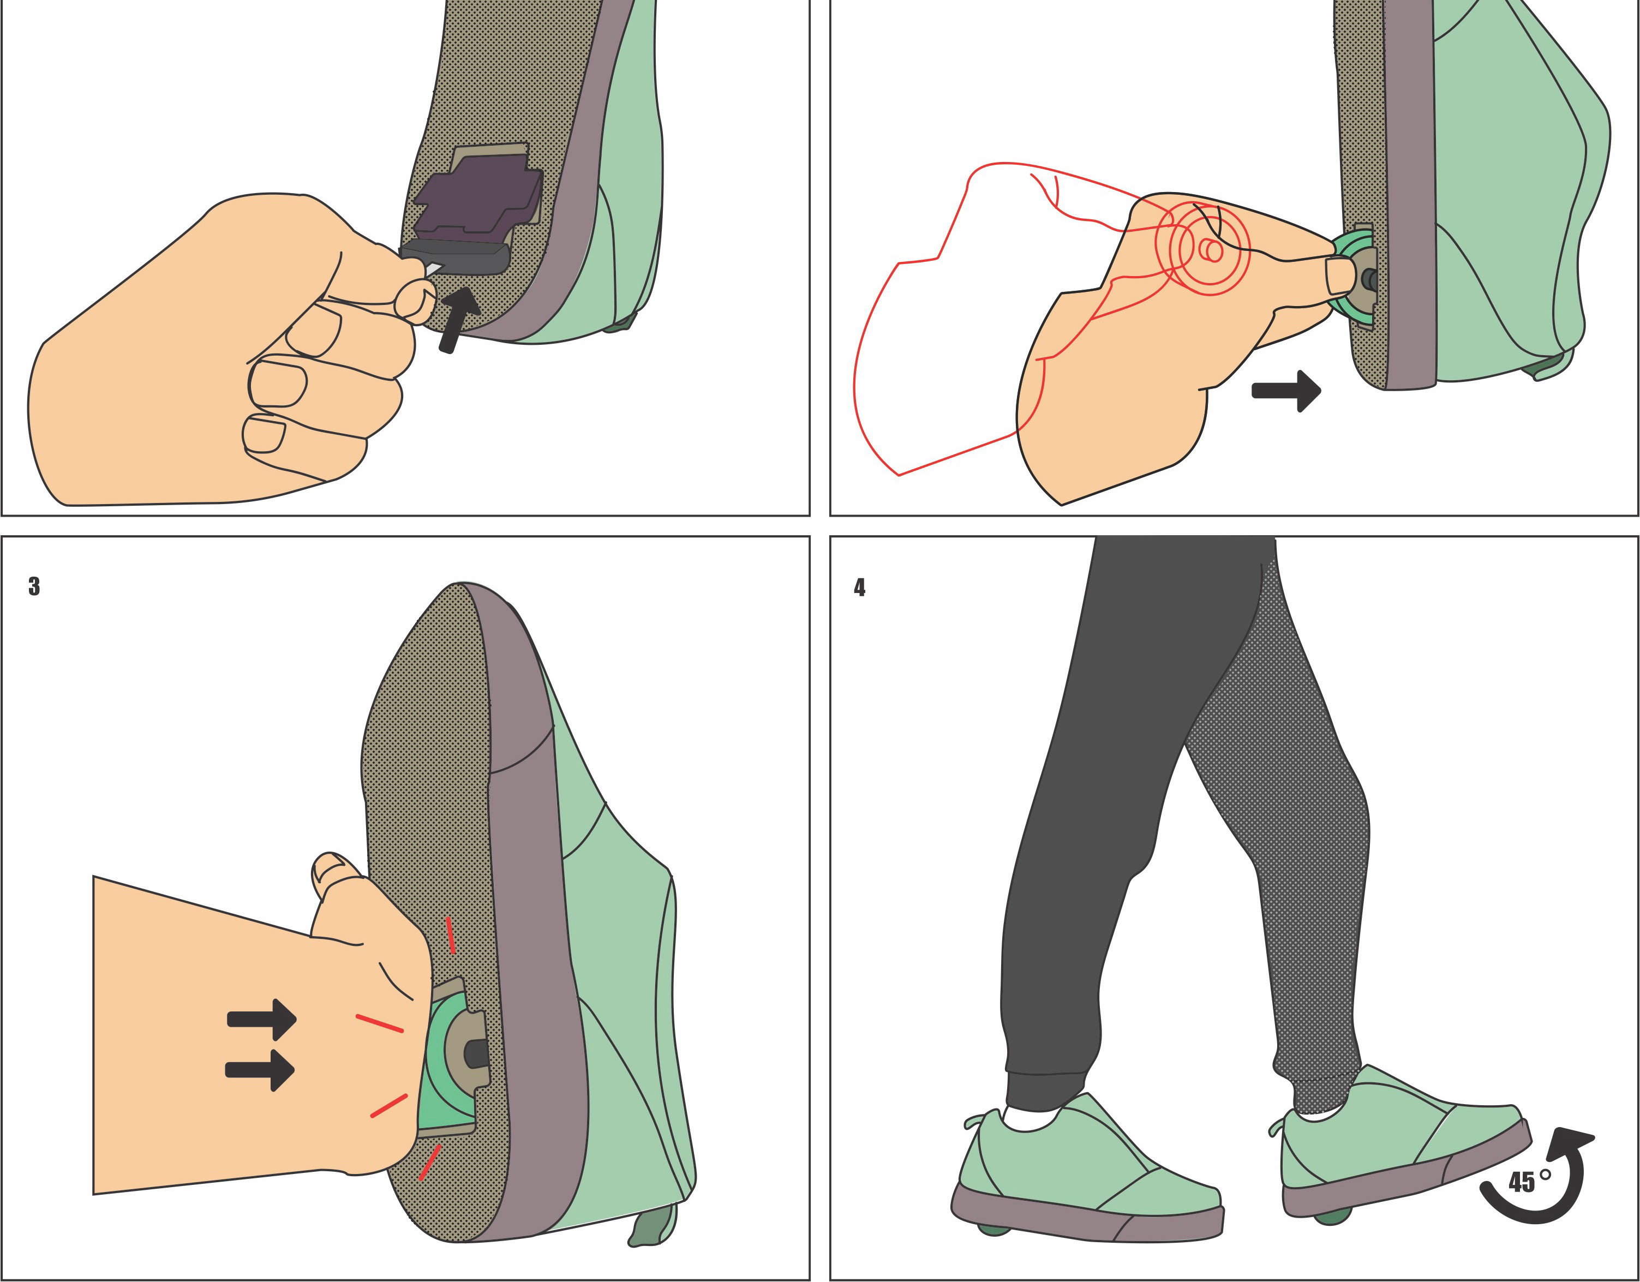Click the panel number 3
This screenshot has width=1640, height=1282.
pyautogui.click(x=34, y=586)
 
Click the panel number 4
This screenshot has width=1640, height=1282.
pyautogui.click(x=860, y=588)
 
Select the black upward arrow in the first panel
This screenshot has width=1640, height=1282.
pyautogui.click(x=458, y=319)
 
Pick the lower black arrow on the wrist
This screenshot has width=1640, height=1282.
pyautogui.click(x=260, y=1069)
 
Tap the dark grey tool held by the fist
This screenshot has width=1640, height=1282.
pyautogui.click(x=456, y=257)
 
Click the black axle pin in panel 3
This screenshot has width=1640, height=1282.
pyautogui.click(x=477, y=1053)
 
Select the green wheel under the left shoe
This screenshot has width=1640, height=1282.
pyautogui.click(x=996, y=1228)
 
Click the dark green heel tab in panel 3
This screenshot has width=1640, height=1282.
pyautogui.click(x=653, y=1225)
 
